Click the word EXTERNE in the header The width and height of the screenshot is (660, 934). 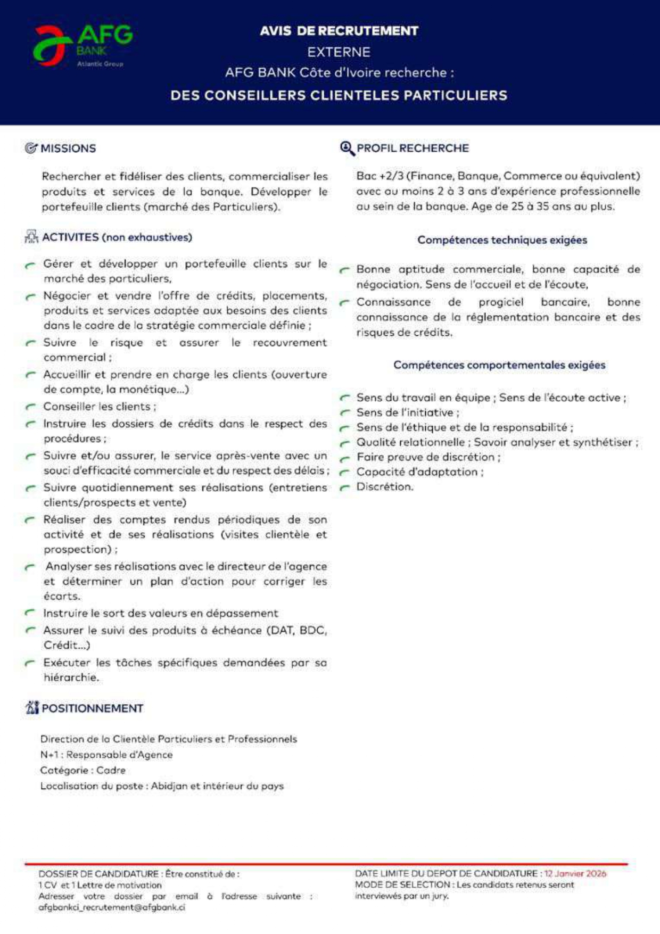pos(339,52)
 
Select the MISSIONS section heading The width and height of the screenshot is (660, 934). pos(68,148)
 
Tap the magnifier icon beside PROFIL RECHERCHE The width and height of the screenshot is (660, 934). pos(347,148)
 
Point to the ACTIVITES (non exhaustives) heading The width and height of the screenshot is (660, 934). pos(117,237)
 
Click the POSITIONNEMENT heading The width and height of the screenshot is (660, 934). pos(92,708)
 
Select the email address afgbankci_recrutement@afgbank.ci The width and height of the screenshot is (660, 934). pos(112,907)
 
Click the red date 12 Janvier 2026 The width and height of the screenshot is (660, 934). pos(575,873)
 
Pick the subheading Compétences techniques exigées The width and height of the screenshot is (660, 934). pos(502,240)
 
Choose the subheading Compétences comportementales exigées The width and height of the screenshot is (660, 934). pos(499,365)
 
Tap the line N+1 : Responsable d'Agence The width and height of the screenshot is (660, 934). pos(106,755)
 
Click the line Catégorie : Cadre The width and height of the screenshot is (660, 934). pos(82,770)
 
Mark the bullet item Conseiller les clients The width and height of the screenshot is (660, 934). pos(100,407)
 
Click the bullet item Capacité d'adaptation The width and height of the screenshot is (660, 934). pos(419,472)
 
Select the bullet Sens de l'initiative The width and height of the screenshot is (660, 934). pos(407,412)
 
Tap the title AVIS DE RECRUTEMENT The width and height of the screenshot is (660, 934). pos(339,31)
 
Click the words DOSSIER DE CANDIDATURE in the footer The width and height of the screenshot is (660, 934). pos(98,874)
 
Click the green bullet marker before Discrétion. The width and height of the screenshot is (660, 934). pos(345,487)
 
